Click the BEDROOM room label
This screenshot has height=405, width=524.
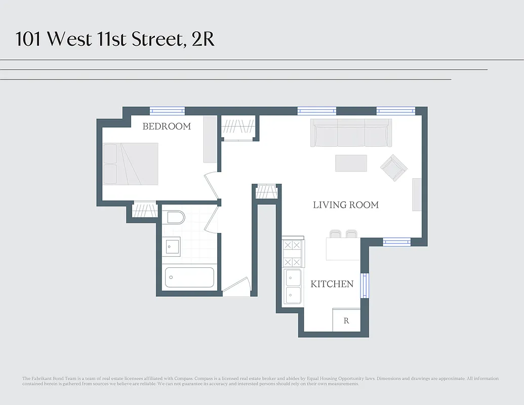[167, 127]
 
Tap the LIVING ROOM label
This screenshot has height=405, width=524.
[346, 205]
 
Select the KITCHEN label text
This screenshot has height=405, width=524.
[332, 284]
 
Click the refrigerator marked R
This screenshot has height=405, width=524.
[346, 320]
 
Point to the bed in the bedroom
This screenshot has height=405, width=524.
[131, 164]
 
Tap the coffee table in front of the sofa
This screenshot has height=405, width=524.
[351, 163]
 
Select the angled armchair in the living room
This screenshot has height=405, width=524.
[394, 168]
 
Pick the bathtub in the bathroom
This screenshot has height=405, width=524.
[189, 277]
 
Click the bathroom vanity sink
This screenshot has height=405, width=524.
[172, 246]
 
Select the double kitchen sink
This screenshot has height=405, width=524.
[292, 286]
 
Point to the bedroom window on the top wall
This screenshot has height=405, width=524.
[167, 111]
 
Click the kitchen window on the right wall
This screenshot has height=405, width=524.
[364, 285]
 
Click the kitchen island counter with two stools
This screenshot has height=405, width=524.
[343, 248]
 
